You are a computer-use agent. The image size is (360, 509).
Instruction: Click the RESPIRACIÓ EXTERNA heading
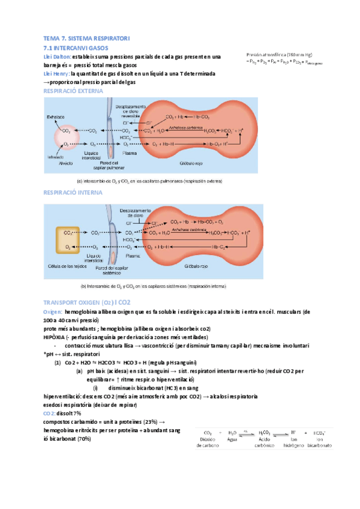[x=73, y=91]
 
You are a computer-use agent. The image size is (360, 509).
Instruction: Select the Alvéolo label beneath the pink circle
[x=66, y=161]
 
